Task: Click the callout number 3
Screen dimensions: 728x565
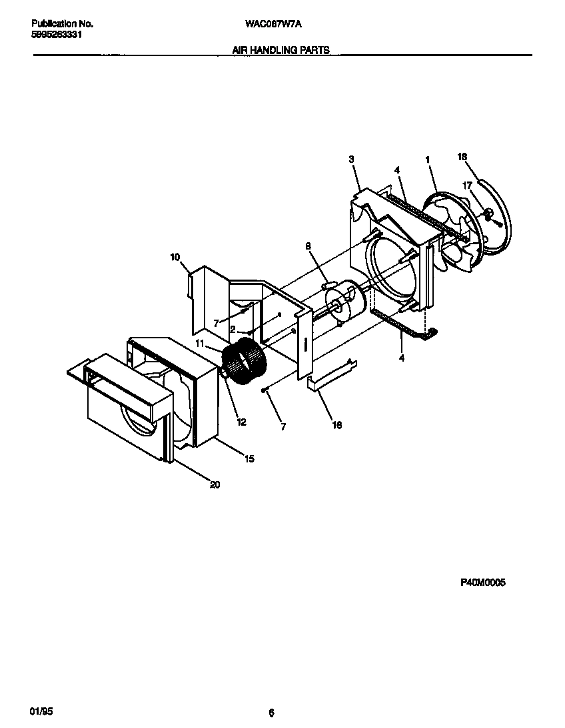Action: pyautogui.click(x=351, y=159)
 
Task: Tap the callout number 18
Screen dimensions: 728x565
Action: pyautogui.click(x=462, y=157)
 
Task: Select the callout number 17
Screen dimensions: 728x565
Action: pyautogui.click(x=467, y=185)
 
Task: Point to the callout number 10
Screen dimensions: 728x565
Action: pyautogui.click(x=175, y=256)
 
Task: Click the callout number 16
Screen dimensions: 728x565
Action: pyautogui.click(x=337, y=425)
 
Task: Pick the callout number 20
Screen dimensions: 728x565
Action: pyautogui.click(x=215, y=485)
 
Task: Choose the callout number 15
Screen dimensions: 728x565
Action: pyautogui.click(x=249, y=459)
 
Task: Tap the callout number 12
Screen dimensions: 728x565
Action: pyautogui.click(x=241, y=422)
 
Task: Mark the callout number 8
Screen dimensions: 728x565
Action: pyautogui.click(x=308, y=246)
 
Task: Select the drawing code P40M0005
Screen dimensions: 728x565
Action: pyautogui.click(x=483, y=583)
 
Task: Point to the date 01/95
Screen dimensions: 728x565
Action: pyautogui.click(x=41, y=713)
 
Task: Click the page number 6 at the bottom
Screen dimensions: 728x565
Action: pyautogui.click(x=271, y=713)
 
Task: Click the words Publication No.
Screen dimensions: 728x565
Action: pyautogui.click(x=62, y=23)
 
